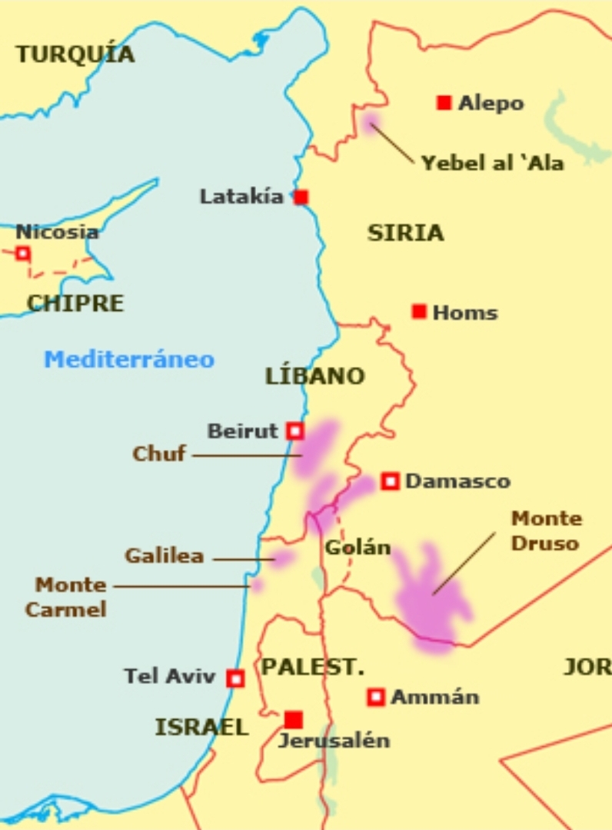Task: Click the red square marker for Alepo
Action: (444, 103)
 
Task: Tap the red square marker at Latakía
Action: (301, 198)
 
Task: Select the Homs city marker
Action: (419, 312)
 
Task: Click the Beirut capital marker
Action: (294, 431)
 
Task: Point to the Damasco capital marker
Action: (390, 482)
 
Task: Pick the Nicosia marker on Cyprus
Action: (23, 253)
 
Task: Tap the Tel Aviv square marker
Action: (235, 678)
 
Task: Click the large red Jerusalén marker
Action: (293, 720)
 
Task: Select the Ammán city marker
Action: (375, 697)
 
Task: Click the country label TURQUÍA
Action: (75, 55)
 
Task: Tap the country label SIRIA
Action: (405, 233)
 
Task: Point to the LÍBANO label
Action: (314, 376)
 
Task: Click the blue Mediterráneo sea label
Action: (129, 359)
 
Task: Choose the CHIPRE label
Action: (75, 303)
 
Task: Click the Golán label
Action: (358, 548)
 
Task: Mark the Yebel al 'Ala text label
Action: (492, 163)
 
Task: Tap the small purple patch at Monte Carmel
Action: (257, 585)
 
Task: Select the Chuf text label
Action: (159, 453)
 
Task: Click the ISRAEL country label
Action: (201, 727)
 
